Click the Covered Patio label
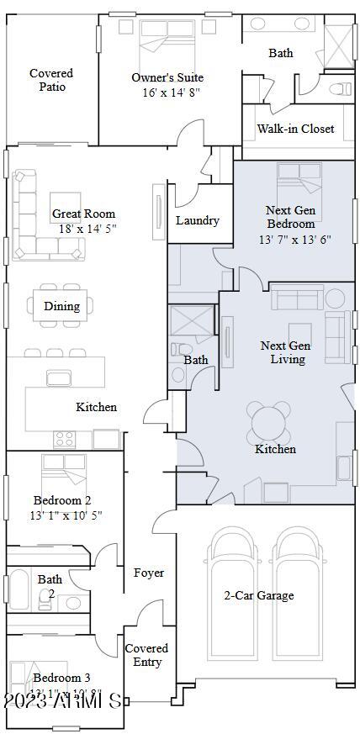[51, 80]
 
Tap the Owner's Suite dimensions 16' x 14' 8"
[167, 92]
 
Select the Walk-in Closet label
[295, 129]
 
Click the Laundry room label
[198, 220]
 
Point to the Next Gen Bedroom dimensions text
[294, 239]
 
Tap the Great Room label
[83, 214]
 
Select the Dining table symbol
[62, 306]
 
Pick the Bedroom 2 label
[62, 500]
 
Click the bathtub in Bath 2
[19, 589]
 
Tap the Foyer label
[149, 573]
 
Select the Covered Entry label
[146, 655]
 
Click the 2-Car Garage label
[258, 595]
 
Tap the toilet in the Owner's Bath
[341, 87]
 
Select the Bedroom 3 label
[62, 678]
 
